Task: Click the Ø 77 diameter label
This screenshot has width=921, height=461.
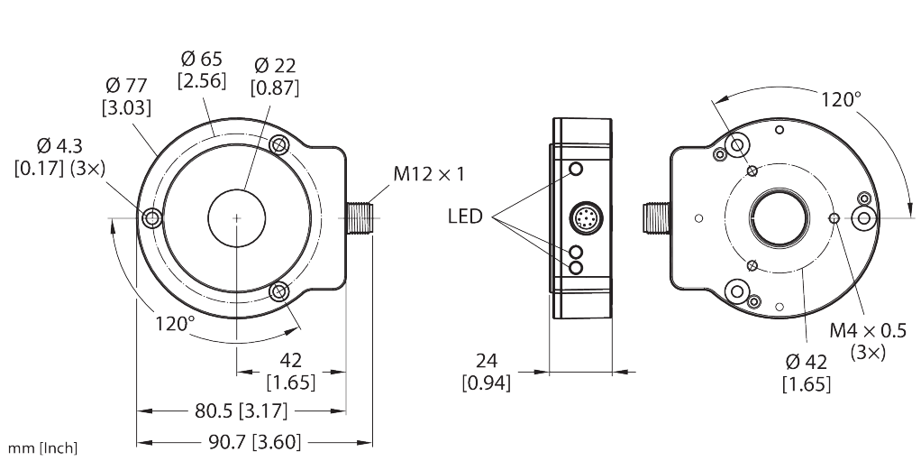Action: click(126, 96)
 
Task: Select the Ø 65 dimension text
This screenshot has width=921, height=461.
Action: click(202, 69)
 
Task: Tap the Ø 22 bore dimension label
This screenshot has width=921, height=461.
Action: click(274, 76)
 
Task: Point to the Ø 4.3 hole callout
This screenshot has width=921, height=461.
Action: click(59, 156)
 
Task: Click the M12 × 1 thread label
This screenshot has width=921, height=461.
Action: click(428, 175)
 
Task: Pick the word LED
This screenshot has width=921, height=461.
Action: click(465, 217)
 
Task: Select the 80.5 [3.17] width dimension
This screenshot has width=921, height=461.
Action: click(241, 411)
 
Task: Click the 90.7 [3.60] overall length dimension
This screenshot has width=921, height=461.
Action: click(254, 441)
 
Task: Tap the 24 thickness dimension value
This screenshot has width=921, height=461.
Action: click(486, 361)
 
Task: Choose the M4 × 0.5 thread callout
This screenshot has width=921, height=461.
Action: click(868, 330)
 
